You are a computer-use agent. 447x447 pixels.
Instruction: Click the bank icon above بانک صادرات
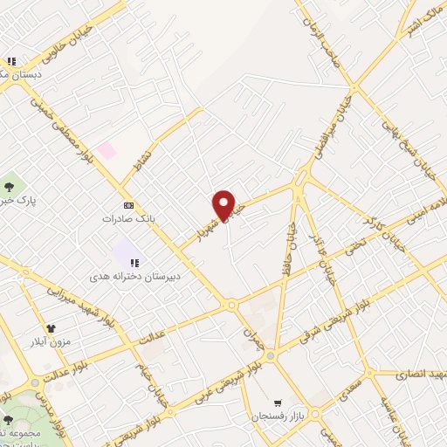click(x=129, y=205)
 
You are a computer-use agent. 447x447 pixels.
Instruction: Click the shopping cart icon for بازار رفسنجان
click(x=279, y=403)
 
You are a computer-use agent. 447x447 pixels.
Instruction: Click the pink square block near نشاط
click(x=107, y=150)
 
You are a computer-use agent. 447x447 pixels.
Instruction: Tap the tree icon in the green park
click(x=10, y=186)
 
